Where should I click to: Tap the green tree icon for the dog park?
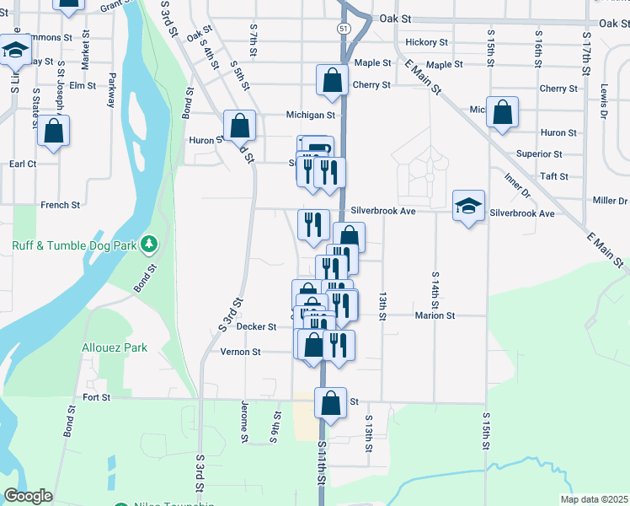point(150,245)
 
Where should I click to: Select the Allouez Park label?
point(115,347)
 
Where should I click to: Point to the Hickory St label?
point(425,42)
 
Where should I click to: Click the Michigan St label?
point(311,115)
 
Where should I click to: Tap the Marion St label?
point(435,315)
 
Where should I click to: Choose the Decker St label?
point(256,326)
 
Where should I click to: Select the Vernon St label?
point(239,352)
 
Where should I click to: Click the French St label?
point(60,205)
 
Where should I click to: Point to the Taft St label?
point(555,177)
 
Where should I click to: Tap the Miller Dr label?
point(611,201)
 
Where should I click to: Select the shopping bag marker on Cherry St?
point(333,82)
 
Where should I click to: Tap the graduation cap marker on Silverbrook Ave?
point(469,206)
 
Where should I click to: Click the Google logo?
point(28,496)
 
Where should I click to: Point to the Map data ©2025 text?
point(594,499)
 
